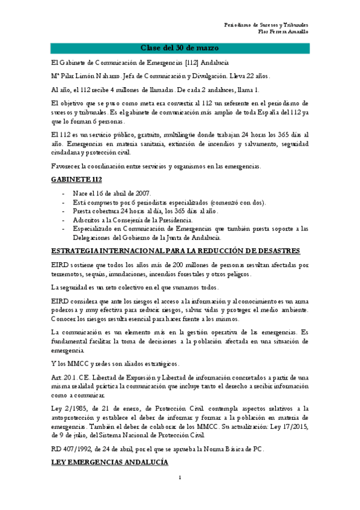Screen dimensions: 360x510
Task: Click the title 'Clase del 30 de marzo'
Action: click(180, 48)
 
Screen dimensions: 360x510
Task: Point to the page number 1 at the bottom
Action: click(180, 494)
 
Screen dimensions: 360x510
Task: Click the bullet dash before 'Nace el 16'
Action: click(64, 192)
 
